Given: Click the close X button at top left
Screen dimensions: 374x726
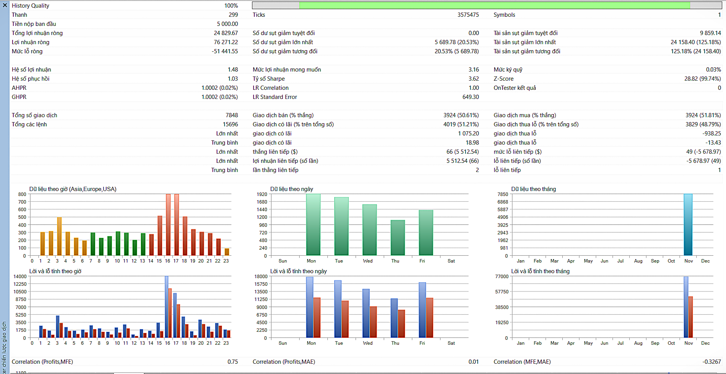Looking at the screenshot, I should click(x=5, y=5).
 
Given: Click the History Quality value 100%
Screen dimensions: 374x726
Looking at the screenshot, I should click(x=231, y=6).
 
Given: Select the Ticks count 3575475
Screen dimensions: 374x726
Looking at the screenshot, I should click(x=468, y=15).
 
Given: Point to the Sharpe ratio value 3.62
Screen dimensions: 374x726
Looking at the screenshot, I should click(x=474, y=79).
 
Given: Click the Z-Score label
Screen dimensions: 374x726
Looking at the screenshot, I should click(x=503, y=79).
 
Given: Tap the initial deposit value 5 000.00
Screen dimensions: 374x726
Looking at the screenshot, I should click(x=227, y=24).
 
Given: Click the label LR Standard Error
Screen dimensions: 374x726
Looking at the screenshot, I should click(x=274, y=97).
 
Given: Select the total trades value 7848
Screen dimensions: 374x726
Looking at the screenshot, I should click(x=231, y=115).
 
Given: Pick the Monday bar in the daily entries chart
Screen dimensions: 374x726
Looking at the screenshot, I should click(x=313, y=224).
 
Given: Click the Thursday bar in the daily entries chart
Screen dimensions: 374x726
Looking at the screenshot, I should click(x=397, y=238).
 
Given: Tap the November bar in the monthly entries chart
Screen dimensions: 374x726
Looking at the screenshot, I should click(x=688, y=224).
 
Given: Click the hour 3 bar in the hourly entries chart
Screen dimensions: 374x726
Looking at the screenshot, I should click(x=59, y=236).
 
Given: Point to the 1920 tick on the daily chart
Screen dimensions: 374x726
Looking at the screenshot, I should click(x=262, y=194).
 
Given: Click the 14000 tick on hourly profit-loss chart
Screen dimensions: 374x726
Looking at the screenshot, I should click(x=20, y=277).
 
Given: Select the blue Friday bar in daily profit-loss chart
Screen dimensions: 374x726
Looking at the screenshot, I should click(x=422, y=310).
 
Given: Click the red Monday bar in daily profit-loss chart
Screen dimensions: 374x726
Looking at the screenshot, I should click(x=317, y=318).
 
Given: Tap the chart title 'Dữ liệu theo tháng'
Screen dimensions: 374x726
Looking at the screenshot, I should click(x=533, y=189).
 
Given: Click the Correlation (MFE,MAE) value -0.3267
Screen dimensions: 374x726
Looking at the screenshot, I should click(x=711, y=362).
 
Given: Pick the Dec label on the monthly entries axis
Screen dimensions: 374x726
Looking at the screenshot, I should click(x=705, y=261).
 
